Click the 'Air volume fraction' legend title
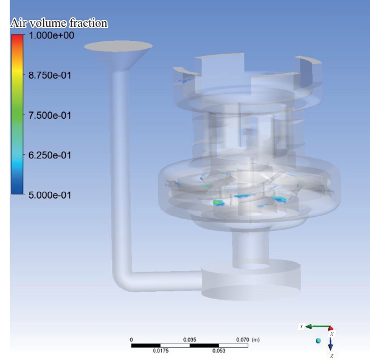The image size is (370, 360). coord(59,23)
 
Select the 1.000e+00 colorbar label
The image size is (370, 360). coord(51,35)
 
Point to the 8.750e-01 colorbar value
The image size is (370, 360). coord(49,76)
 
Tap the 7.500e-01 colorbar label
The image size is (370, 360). coord(49,115)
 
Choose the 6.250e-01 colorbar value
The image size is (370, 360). coord(49,155)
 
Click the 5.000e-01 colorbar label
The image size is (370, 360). coord(49,195)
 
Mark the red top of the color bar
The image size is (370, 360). coord(17,37)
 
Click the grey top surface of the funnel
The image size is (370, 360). coord(118,46)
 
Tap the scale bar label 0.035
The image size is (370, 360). coord(189,340)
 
